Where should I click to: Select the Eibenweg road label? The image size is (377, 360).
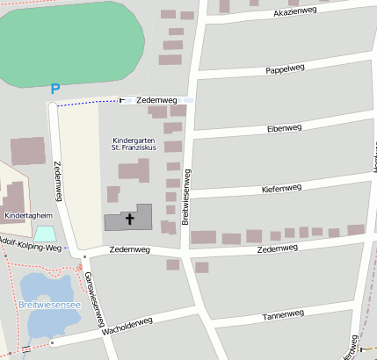[x=283, y=128]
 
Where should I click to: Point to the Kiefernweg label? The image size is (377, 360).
[x=281, y=188]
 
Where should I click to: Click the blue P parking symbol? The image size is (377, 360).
[x=54, y=89]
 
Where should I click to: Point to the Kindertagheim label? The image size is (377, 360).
[x=28, y=215]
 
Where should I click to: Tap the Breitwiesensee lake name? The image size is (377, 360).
[x=48, y=305]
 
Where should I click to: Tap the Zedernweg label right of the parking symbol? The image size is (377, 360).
[x=157, y=101]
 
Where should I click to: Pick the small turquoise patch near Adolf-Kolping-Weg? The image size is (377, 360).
[x=45, y=234]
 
